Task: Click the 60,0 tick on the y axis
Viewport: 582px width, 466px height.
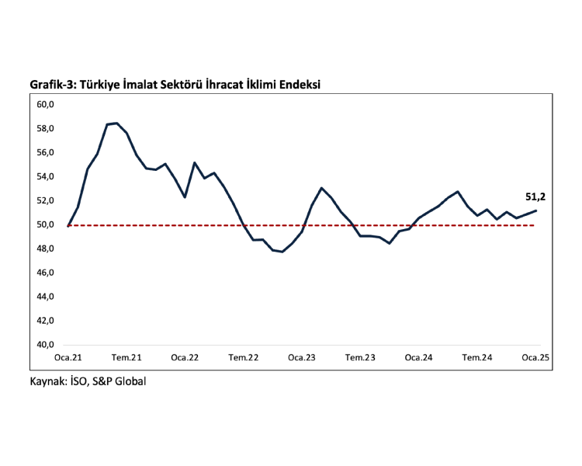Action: pyautogui.click(x=45, y=104)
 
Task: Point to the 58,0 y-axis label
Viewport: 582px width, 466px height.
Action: pyautogui.click(x=45, y=128)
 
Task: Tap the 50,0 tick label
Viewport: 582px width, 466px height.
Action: pyautogui.click(x=45, y=225)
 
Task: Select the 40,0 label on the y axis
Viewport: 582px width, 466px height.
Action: pyautogui.click(x=45, y=345)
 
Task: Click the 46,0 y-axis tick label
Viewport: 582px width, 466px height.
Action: pyautogui.click(x=45, y=273)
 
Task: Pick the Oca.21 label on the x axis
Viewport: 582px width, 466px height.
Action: pyautogui.click(x=68, y=358)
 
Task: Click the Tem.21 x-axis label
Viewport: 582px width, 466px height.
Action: pyautogui.click(x=126, y=358)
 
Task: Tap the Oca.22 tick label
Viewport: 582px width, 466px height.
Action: pyautogui.click(x=185, y=358)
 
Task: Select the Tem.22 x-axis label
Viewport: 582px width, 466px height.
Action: pyautogui.click(x=244, y=358)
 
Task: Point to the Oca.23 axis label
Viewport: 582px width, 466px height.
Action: pyautogui.click(x=302, y=358)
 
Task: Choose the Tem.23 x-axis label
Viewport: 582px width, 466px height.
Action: pyautogui.click(x=360, y=358)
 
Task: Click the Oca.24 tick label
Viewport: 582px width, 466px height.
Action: pyautogui.click(x=419, y=358)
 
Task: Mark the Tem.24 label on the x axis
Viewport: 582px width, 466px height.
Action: pyautogui.click(x=477, y=358)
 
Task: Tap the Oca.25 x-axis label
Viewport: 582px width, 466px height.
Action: pyautogui.click(x=535, y=358)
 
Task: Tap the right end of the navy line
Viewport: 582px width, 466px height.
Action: pyautogui.click(x=536, y=210)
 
